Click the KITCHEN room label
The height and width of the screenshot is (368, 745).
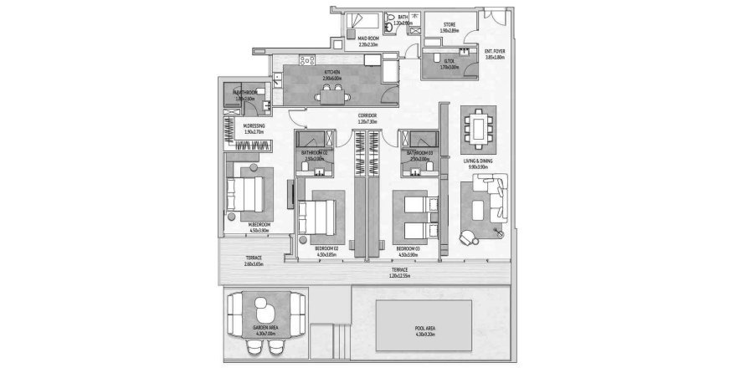[x=332, y=73]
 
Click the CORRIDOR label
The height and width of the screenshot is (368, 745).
[x=366, y=115]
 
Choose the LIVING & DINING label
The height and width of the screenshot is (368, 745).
[x=480, y=161]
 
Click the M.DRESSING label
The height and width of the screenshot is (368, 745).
[x=253, y=127]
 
